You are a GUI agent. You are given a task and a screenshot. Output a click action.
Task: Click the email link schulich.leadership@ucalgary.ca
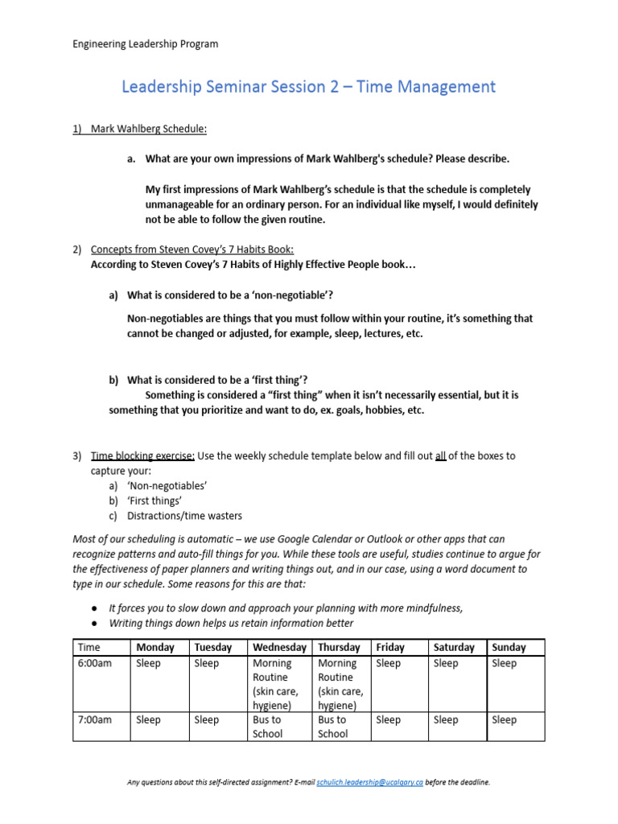tap(369, 781)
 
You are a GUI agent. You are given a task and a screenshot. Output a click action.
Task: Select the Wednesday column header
tap(279, 647)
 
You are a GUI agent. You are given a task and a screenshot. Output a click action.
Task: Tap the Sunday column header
tap(509, 647)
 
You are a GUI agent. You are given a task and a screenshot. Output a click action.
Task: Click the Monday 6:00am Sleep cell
tap(149, 664)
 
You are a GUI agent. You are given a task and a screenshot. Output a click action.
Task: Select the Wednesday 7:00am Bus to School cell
tap(267, 727)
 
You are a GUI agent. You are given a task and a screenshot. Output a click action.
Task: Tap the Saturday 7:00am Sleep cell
tap(446, 720)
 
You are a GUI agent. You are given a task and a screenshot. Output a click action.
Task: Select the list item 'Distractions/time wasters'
tap(184, 516)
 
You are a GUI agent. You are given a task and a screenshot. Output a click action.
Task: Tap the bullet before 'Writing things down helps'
tap(95, 623)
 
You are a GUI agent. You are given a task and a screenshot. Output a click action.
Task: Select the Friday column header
tap(390, 647)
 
